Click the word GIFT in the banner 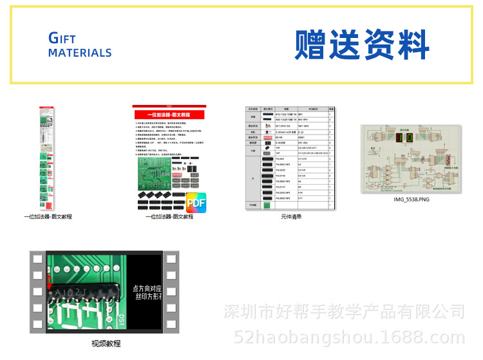(62, 38)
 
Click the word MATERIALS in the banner (80, 53)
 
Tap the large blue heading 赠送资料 (363, 44)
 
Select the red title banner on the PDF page (169, 114)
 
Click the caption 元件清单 (291, 216)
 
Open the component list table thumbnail (290, 158)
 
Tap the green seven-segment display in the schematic (404, 138)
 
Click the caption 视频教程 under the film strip (106, 343)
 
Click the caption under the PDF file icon (169, 217)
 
